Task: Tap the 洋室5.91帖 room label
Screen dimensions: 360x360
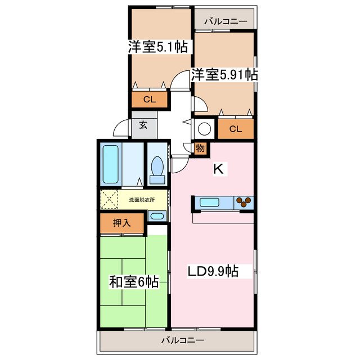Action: coord(224,74)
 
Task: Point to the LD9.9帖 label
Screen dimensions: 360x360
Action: coord(213,272)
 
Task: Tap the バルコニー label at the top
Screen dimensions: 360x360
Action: coord(225,21)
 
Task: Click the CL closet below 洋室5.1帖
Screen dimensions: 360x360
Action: coord(150,100)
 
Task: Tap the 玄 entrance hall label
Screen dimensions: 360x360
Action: coord(143,125)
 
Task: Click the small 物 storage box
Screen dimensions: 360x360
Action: coord(200,148)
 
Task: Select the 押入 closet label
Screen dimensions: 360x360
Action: coord(122,223)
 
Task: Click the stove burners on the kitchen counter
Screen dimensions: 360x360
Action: coord(244,202)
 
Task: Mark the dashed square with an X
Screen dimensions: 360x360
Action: coord(110,199)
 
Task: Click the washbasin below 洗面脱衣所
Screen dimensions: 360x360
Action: coord(157,216)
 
